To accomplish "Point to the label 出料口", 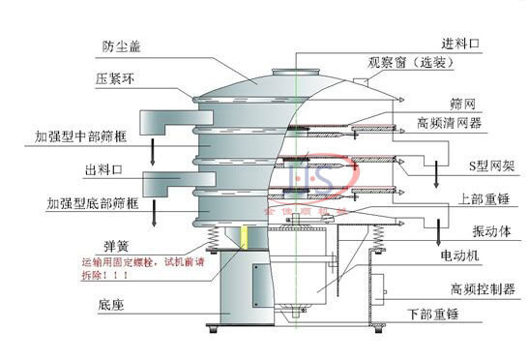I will point(102,170).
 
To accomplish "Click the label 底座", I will point(109,305).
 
